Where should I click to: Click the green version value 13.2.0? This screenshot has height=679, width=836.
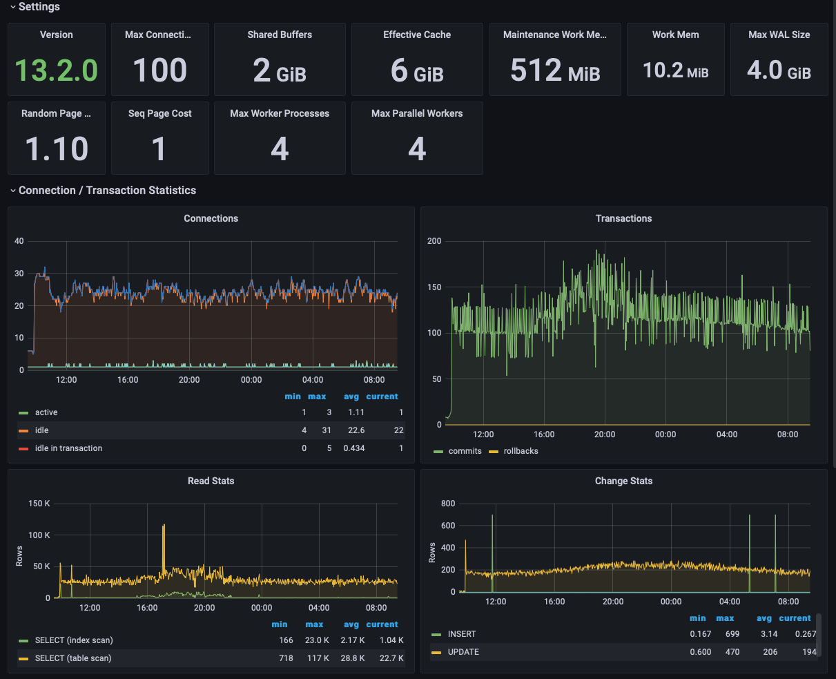click(x=56, y=70)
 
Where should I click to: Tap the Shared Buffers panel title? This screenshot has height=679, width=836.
click(x=280, y=35)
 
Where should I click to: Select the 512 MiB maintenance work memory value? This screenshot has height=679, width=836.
click(x=555, y=70)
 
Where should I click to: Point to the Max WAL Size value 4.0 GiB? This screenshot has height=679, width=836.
click(x=779, y=70)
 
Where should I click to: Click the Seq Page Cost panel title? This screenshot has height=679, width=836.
click(x=159, y=113)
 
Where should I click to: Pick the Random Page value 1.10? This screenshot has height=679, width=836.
click(x=56, y=149)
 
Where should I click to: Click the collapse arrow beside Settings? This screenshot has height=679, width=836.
click(x=13, y=7)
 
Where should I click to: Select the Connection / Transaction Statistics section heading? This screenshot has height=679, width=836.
click(x=107, y=191)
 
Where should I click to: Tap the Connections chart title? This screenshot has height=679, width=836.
click(x=211, y=218)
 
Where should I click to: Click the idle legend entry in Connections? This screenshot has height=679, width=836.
click(x=41, y=430)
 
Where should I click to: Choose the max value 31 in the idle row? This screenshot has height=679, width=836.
click(x=327, y=430)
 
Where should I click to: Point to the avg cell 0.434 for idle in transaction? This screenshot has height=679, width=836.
click(x=354, y=448)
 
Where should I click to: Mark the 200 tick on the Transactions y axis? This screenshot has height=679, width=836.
click(x=434, y=241)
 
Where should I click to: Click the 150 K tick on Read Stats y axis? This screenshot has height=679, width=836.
click(x=39, y=504)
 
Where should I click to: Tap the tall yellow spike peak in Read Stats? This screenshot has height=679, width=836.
click(x=164, y=525)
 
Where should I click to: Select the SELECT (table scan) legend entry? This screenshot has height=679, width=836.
click(x=73, y=658)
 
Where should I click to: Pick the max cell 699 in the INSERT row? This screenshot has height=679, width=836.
click(x=732, y=634)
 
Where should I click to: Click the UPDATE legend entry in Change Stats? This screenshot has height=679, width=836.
click(x=463, y=652)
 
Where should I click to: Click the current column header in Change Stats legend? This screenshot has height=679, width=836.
click(x=795, y=618)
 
